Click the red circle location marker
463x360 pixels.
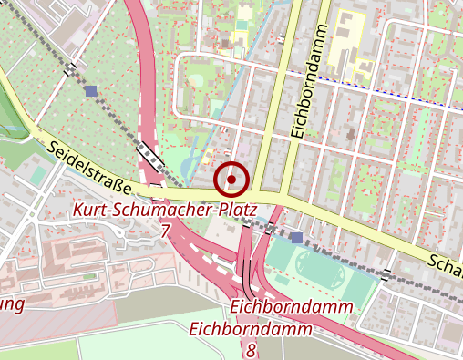[x=231, y=180]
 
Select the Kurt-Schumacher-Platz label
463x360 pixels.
[x=165, y=211]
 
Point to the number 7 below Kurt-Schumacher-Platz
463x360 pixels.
[x=165, y=231]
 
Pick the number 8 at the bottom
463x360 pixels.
[x=251, y=349]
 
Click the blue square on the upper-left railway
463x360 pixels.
[x=89, y=90]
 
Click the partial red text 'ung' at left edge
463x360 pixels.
[x=11, y=304]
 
